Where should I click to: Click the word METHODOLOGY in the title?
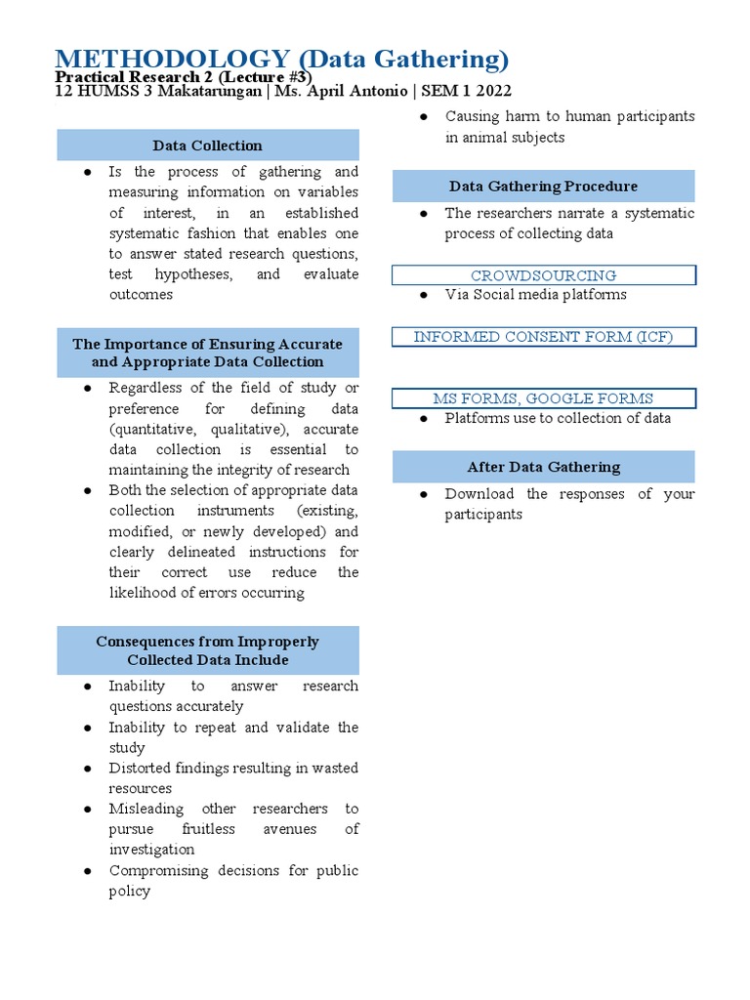pos(172,60)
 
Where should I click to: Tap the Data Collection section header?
pos(208,146)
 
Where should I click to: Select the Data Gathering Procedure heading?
pos(543,186)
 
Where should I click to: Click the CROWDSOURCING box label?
pos(543,275)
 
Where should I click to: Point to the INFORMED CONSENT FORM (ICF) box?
pos(543,337)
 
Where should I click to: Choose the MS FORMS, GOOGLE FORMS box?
pos(543,398)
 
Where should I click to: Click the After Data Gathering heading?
pos(543,467)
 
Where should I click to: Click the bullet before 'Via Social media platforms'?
pos(425,295)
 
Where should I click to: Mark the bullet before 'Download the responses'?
pos(425,494)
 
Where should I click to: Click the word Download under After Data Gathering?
pos(479,494)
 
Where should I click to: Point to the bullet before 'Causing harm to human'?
pos(425,116)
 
